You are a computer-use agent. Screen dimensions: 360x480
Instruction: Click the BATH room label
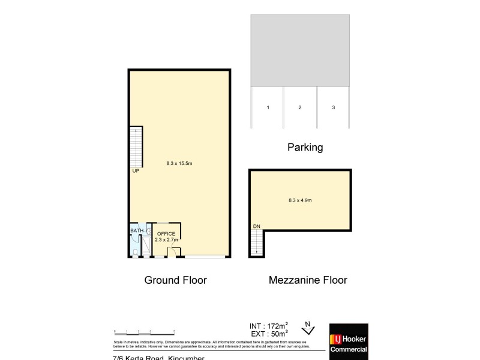[137, 230]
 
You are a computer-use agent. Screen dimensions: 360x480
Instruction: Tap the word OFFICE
[166, 233]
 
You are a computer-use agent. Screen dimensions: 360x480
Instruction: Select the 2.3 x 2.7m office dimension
[166, 240]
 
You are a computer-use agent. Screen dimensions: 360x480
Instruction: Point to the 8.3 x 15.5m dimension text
[179, 163]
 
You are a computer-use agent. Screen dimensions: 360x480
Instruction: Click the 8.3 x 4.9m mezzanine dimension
[300, 200]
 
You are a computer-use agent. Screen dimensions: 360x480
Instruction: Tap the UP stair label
[136, 170]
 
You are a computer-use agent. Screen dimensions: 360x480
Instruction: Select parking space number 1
[268, 107]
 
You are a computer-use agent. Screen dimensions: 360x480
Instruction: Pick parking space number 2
[299, 107]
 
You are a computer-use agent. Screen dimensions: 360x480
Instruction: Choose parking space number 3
[333, 107]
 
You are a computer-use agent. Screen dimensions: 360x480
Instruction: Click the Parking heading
[305, 147]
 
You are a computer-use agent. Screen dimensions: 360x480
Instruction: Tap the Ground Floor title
[175, 280]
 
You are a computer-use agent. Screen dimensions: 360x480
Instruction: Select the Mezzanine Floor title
[308, 280]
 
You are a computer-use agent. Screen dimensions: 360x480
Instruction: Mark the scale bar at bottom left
[144, 331]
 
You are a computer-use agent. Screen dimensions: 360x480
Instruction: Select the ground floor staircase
[136, 148]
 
